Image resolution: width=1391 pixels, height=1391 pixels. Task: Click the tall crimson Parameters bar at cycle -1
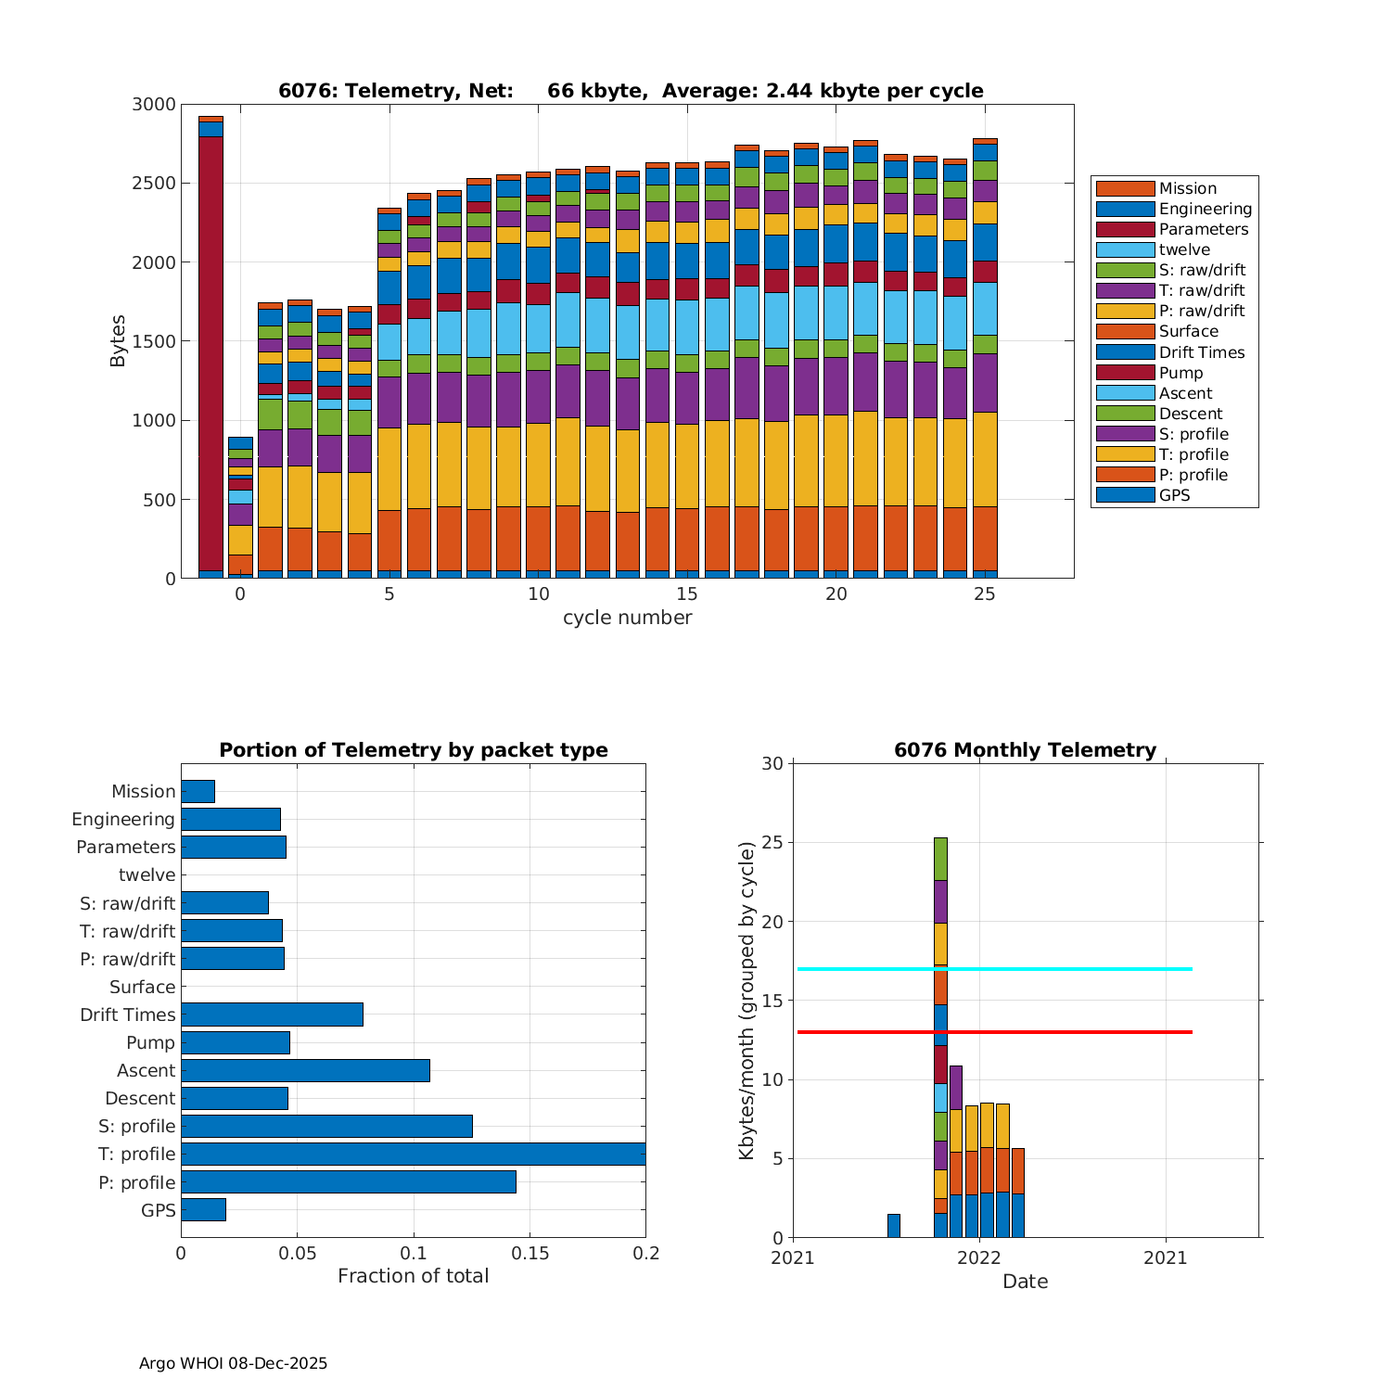211,352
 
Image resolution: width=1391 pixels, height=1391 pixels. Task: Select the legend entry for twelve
1184,249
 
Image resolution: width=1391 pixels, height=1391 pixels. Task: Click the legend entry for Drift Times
1201,352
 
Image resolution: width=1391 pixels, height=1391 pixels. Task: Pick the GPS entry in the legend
1174,495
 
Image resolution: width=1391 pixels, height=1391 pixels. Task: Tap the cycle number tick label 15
687,594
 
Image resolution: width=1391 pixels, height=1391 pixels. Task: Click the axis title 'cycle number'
627,618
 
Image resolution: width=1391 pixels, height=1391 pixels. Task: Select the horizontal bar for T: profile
413,1154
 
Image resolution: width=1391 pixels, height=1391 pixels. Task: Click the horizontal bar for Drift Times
272,1015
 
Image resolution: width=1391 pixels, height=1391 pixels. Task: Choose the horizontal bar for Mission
198,791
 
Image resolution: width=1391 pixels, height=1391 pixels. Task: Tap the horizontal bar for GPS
203,1209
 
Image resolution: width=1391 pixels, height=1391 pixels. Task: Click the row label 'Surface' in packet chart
142,988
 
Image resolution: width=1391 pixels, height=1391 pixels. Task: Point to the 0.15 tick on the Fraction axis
530,1254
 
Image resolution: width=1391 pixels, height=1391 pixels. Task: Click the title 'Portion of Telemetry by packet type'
414,750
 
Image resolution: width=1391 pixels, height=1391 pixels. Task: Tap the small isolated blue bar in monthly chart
894,1226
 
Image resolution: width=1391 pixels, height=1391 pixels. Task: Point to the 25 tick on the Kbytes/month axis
772,843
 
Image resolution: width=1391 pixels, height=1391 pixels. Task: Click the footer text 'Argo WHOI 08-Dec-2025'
233,1363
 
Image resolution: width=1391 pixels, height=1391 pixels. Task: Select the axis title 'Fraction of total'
413,1276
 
